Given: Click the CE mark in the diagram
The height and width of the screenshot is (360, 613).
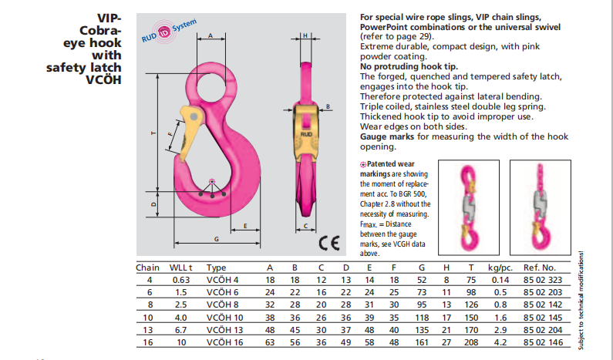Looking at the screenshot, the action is (x=329, y=243).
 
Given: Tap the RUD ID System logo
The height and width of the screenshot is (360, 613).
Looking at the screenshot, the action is (x=169, y=31).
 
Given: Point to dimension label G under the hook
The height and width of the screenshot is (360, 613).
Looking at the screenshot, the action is (x=217, y=239).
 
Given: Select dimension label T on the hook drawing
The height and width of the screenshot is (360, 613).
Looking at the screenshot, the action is (x=153, y=133).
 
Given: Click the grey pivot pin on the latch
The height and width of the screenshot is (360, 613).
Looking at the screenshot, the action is (x=194, y=117).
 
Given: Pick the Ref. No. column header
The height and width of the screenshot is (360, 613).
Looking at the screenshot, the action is (x=540, y=267).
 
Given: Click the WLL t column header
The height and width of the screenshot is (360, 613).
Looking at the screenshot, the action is (x=180, y=267).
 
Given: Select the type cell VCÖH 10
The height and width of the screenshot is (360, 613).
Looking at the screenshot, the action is (x=225, y=318).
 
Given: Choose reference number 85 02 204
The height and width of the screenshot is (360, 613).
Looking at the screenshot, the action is (x=543, y=330).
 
